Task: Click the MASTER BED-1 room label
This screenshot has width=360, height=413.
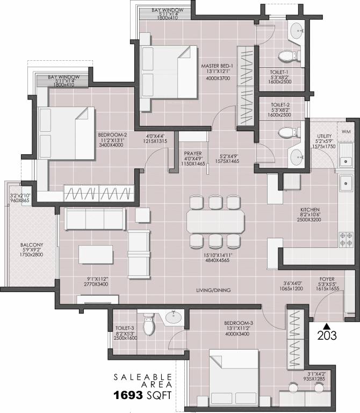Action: coord(216,66)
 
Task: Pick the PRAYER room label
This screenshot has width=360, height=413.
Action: coord(192,153)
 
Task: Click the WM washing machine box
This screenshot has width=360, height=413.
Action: coord(346,131)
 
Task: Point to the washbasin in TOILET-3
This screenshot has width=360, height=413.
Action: coord(173,317)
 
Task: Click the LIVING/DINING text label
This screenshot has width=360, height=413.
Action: coord(214,290)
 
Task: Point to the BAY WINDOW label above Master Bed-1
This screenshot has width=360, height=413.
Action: coord(168,10)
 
